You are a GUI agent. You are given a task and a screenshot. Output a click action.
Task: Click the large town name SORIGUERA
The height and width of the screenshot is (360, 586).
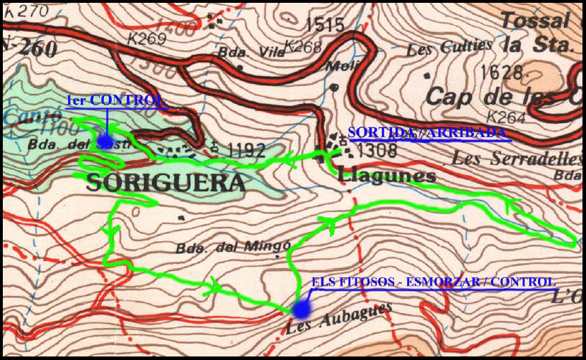coord(166,184)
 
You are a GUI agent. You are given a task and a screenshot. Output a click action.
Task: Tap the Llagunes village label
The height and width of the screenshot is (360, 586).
coord(387,175)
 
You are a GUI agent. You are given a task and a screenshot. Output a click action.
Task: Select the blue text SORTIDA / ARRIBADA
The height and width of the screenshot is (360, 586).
coord(427,133)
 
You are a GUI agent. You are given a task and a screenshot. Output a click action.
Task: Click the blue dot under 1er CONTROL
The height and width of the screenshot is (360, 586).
coord(105,141)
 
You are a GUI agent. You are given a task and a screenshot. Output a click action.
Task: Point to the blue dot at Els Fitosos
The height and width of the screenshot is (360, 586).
coord(301,308)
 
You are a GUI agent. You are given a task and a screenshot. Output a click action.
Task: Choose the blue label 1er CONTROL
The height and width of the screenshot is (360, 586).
coord(116,100)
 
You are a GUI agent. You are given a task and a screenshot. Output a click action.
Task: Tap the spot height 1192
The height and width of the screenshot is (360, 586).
coord(246,149)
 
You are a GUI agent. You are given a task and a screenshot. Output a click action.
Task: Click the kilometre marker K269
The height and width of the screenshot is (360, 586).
coord(147,38)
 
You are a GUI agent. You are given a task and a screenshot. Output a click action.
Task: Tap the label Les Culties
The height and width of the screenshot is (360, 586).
coord(450,49)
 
